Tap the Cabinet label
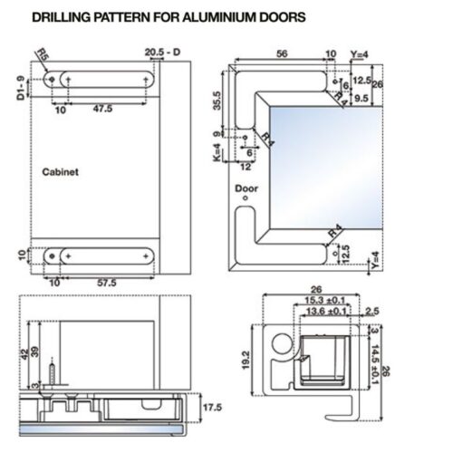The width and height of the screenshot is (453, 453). (x=61, y=169)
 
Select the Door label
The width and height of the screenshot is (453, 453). (x=246, y=188)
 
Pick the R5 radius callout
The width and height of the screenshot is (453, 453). (x=42, y=55)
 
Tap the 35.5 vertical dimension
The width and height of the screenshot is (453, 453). (x=217, y=100)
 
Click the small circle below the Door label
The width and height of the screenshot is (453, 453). (x=246, y=200)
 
